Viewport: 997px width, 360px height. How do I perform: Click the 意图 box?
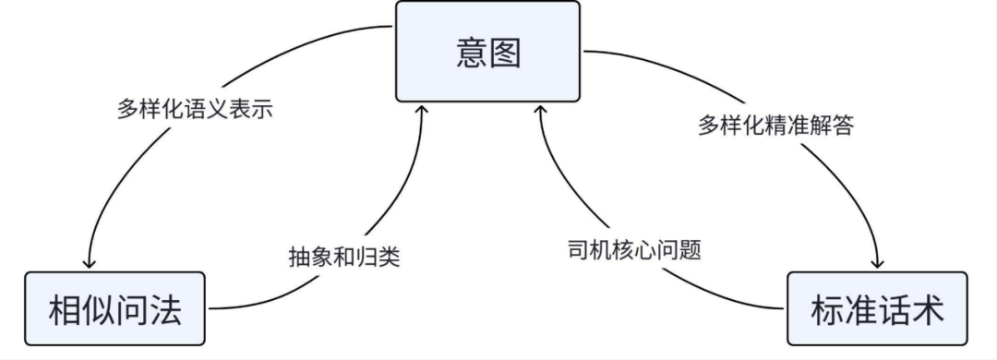pos(488,51)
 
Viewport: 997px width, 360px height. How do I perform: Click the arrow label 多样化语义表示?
pos(198,109)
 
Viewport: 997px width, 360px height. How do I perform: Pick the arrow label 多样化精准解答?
pos(775,126)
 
